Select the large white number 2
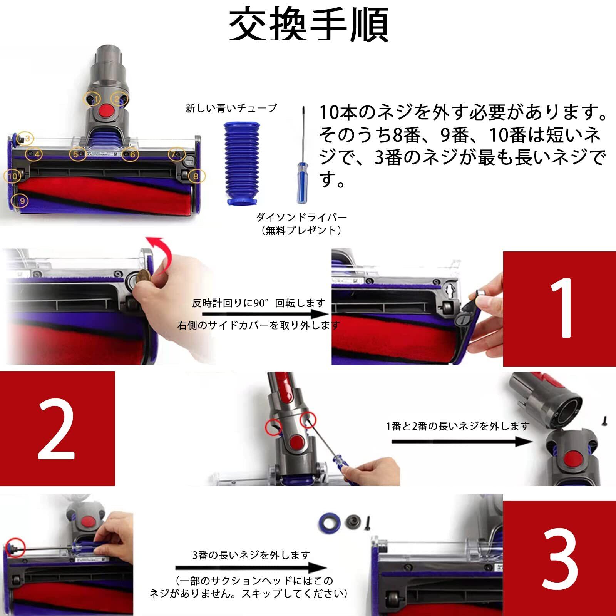click(x=57, y=429)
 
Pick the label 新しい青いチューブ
click(x=231, y=108)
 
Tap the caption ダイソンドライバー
click(x=301, y=217)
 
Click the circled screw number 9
click(x=22, y=201)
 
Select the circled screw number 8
click(x=196, y=176)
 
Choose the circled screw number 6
click(x=131, y=154)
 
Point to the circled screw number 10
click(x=13, y=176)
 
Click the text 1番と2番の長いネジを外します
click(x=458, y=426)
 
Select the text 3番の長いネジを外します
click(x=251, y=555)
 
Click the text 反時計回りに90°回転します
click(x=259, y=303)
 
